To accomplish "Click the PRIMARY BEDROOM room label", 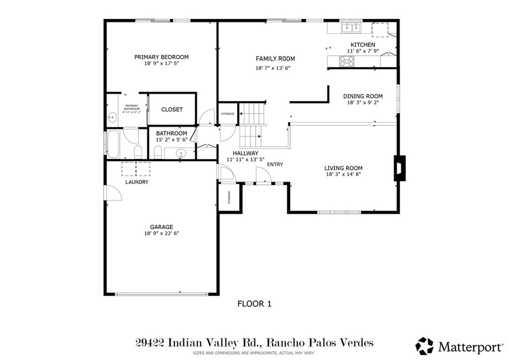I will pyautogui.click(x=162, y=57).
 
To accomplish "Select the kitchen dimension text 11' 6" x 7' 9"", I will pyautogui.click(x=363, y=51).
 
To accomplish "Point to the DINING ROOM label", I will pyautogui.click(x=363, y=96).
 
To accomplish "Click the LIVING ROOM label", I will pyautogui.click(x=343, y=168).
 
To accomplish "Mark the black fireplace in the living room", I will pyautogui.click(x=400, y=168).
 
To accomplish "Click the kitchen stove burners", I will pyautogui.click(x=347, y=62).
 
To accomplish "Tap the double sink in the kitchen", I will pyautogui.click(x=351, y=28).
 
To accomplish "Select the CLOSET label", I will pyautogui.click(x=172, y=109).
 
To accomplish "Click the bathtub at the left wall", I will pyautogui.click(x=112, y=143).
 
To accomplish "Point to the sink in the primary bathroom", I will pyautogui.click(x=111, y=117).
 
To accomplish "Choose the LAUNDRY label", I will pyautogui.click(x=137, y=182).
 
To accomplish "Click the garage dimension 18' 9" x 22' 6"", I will pyautogui.click(x=162, y=233).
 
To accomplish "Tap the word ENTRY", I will pyautogui.click(x=275, y=165).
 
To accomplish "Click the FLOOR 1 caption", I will pyautogui.click(x=254, y=303).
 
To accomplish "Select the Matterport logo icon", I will pyautogui.click(x=424, y=346).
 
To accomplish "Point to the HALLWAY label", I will pyautogui.click(x=245, y=153).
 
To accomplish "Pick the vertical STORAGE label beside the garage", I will pyautogui.click(x=229, y=198).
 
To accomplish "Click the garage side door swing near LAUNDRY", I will pyautogui.click(x=113, y=194).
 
